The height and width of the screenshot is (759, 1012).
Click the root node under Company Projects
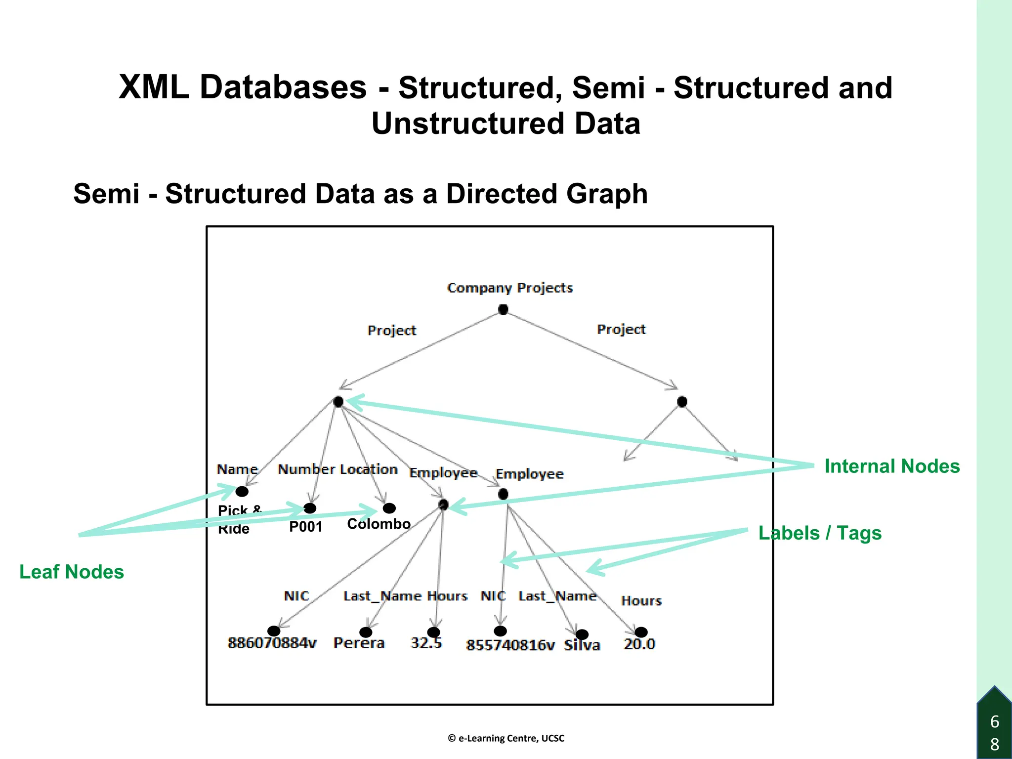(503, 310)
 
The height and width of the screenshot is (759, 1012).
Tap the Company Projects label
(509, 288)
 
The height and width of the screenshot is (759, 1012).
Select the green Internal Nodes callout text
(891, 466)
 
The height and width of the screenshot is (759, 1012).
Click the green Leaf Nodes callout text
(72, 572)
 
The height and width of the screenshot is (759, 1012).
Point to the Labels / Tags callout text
(820, 533)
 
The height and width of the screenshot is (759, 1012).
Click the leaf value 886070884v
(272, 643)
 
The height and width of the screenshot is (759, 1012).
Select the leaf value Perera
(359, 643)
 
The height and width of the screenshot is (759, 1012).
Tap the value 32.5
(426, 642)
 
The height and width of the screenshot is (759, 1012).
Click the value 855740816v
(510, 645)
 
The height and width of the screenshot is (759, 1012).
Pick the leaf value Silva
(582, 645)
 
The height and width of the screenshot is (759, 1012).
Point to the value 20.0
(639, 644)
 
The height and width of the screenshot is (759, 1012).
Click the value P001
(305, 527)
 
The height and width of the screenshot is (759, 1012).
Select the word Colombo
(379, 524)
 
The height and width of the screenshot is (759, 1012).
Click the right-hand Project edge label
(621, 329)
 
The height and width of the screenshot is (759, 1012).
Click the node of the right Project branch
(682, 402)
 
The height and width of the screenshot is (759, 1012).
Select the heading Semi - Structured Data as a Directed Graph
(360, 193)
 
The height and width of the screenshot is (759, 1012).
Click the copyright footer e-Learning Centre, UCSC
(506, 738)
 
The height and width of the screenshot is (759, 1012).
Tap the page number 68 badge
(994, 732)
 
